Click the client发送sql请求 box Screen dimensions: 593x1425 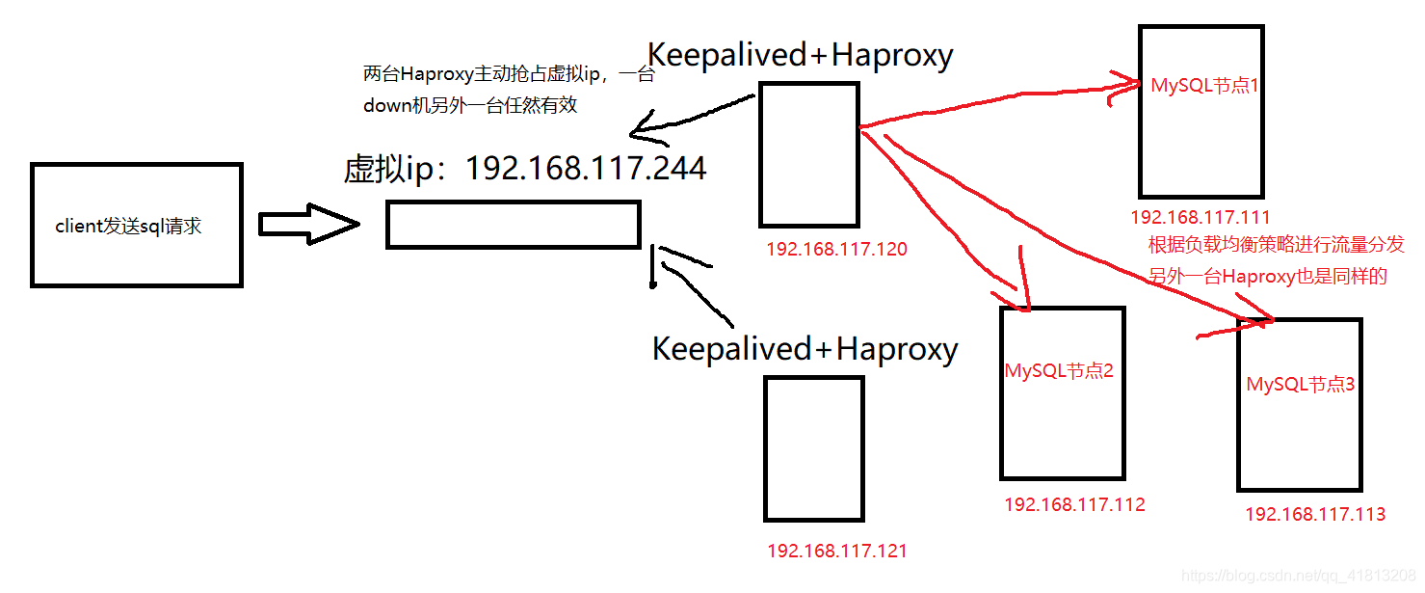(x=136, y=226)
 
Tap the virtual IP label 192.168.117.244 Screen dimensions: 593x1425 (x=525, y=169)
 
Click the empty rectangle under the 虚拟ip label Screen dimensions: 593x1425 (x=513, y=225)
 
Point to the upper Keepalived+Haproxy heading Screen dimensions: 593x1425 (x=800, y=55)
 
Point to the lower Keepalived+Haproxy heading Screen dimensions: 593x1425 (x=805, y=348)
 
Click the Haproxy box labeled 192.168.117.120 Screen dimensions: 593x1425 (x=808, y=154)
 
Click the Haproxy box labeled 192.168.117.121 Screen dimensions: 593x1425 (x=813, y=448)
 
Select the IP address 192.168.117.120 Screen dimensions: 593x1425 (x=836, y=250)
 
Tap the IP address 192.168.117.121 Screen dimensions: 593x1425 (x=836, y=552)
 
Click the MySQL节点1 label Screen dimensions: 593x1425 (x=1205, y=86)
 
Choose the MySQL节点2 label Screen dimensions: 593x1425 (x=1059, y=371)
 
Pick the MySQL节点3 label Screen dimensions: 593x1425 (x=1301, y=385)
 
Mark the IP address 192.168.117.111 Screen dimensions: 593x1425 (x=1200, y=218)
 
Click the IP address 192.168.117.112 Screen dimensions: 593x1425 (x=1074, y=504)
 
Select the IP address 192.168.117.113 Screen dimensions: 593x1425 (x=1315, y=515)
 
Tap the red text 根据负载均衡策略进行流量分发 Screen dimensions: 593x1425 (x=1276, y=246)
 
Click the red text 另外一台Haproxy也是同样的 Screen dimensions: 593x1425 (x=1267, y=278)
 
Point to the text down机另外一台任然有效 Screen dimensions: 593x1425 (x=470, y=106)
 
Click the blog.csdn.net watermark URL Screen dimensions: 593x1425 (x=1297, y=576)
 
